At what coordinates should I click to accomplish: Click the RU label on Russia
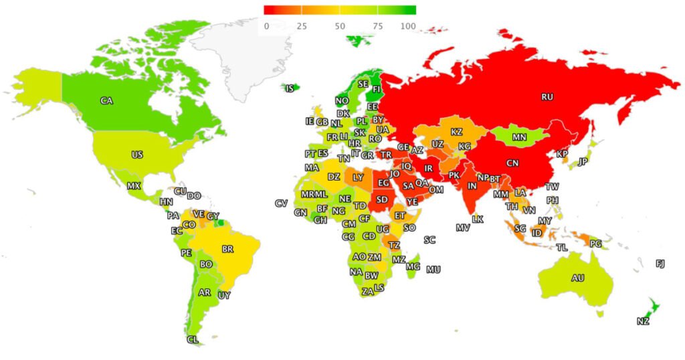coord(547,96)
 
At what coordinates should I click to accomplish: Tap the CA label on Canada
coord(106,100)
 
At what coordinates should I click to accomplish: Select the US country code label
coord(137,155)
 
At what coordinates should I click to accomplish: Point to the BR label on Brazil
coord(227,249)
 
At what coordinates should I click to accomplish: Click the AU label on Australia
coord(577,278)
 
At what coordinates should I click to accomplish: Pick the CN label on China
coord(512,163)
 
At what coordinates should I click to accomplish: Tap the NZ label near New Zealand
coord(643,321)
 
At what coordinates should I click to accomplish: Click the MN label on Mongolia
coord(519,137)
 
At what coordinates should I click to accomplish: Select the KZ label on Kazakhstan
coord(457,132)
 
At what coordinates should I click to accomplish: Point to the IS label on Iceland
coord(290,88)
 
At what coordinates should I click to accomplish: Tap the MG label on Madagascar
coord(413,266)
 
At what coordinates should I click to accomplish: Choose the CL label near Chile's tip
coord(193,339)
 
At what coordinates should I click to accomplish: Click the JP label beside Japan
coord(583,161)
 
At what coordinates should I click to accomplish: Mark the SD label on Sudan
coord(382,199)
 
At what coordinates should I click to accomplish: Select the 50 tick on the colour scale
coord(340,26)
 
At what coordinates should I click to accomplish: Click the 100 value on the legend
coord(407,26)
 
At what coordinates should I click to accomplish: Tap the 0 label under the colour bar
coord(266,26)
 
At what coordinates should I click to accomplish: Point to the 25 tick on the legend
coord(302,26)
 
